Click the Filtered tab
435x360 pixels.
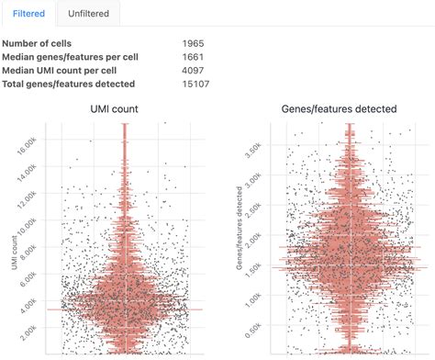[x=28, y=14]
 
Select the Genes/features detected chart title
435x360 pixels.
[x=340, y=109]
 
